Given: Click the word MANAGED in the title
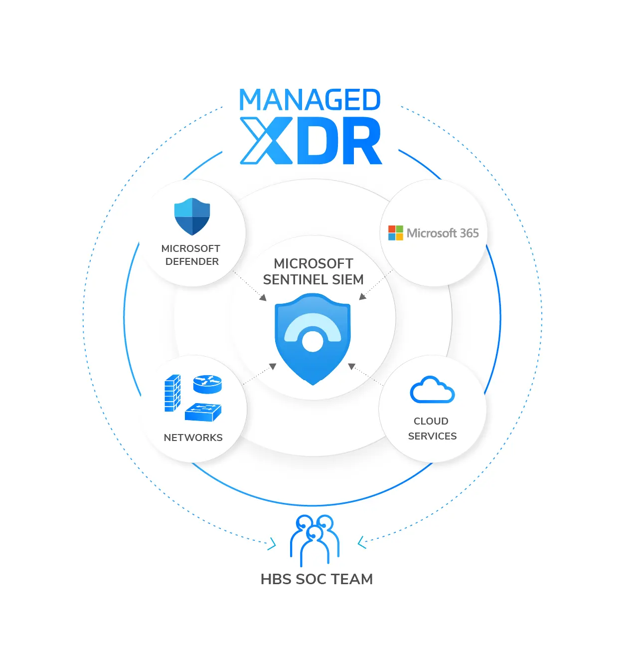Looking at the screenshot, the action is click(310, 99).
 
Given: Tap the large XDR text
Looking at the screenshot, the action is click(311, 141).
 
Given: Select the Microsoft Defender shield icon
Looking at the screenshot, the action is click(192, 217).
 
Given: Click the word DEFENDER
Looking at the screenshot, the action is click(192, 261).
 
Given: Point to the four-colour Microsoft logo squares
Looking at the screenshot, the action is click(395, 233).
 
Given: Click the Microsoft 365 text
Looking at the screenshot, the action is click(442, 233).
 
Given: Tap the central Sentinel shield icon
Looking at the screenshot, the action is click(313, 339).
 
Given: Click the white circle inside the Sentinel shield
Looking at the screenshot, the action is click(313, 341).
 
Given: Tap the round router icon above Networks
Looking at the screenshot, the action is click(207, 384).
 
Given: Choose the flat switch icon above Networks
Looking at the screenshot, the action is click(203, 412).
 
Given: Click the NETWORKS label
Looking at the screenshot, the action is click(193, 438).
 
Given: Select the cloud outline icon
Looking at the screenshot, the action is click(432, 389).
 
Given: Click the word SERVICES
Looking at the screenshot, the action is click(432, 436).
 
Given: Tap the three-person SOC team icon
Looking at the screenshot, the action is click(315, 540).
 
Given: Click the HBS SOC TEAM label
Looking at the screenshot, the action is click(317, 579).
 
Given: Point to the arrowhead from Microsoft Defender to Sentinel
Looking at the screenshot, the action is click(263, 297).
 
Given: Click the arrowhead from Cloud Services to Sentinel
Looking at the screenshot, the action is click(352, 366).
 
